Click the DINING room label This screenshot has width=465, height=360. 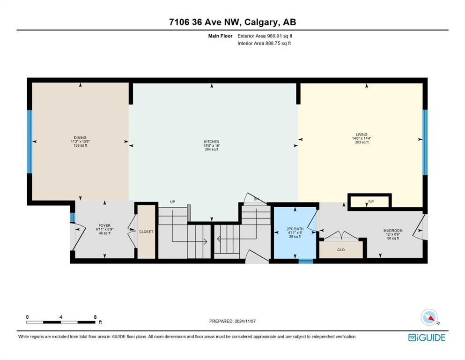[x=80, y=138]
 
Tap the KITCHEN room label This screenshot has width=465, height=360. [x=212, y=142]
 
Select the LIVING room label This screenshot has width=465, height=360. [x=362, y=135]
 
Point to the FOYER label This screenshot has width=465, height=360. [x=104, y=225]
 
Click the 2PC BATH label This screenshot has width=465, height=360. [x=295, y=229]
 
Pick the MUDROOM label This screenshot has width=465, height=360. [x=393, y=231]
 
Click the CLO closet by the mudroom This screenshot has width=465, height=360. [x=341, y=249]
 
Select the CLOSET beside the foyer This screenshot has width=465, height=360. [x=146, y=232]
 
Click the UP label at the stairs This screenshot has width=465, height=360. [x=173, y=202]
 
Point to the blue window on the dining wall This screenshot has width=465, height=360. [x=30, y=142]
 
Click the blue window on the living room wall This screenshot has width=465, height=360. [x=425, y=142]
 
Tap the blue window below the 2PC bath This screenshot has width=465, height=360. [x=306, y=261]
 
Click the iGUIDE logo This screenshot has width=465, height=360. [x=427, y=337]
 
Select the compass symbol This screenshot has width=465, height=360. [x=429, y=317]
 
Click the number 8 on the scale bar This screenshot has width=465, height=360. [x=95, y=317]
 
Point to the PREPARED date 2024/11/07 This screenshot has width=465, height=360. [x=245, y=321]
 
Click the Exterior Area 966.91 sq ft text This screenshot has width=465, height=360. [x=265, y=36]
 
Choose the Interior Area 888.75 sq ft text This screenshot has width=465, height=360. [x=264, y=43]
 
